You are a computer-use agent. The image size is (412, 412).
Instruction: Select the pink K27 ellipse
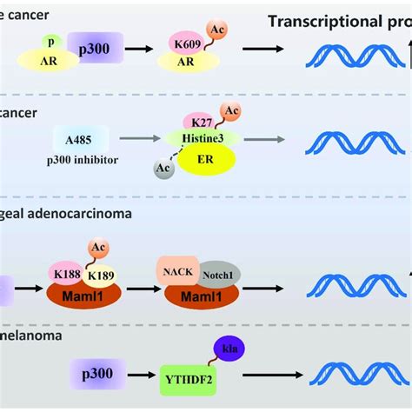200,123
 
